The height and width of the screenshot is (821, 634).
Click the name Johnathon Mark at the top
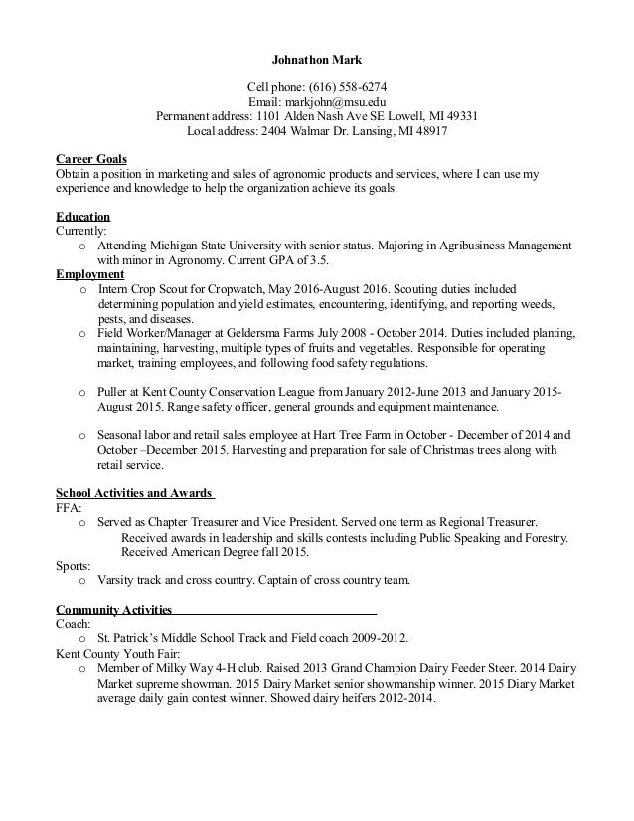317,60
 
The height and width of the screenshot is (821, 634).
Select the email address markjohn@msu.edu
335,101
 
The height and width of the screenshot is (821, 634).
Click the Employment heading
90,274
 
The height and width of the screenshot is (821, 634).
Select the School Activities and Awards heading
134,493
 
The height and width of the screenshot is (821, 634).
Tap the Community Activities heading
114,609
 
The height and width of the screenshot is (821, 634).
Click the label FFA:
70,507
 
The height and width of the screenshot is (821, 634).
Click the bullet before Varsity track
81,580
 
